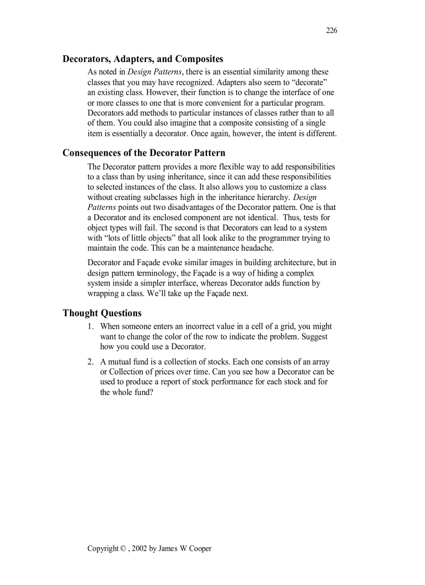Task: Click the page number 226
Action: pyautogui.click(x=331, y=31)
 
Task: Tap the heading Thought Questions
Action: pyautogui.click(x=102, y=313)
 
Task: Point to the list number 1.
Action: pyautogui.click(x=90, y=327)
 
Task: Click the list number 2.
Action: pyautogui.click(x=90, y=362)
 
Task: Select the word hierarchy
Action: pyautogui.click(x=270, y=197)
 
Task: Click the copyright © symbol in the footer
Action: pyautogui.click(x=123, y=549)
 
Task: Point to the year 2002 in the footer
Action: pyautogui.click(x=140, y=549)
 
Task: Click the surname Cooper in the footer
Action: pyautogui.click(x=200, y=549)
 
